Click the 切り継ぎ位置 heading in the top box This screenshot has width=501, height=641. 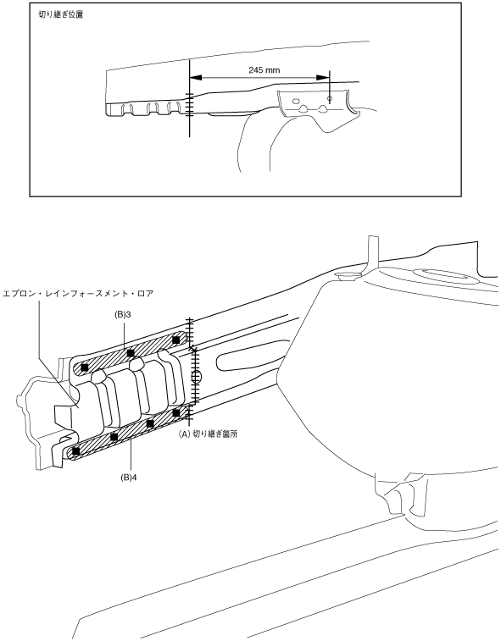(60, 15)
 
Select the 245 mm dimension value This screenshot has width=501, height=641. (264, 70)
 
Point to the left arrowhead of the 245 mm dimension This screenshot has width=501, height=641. (196, 77)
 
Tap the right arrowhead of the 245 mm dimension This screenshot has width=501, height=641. (323, 77)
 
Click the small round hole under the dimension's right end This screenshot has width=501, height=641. (330, 98)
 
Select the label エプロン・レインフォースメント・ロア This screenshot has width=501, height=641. (78, 294)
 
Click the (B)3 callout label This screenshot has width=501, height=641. (123, 315)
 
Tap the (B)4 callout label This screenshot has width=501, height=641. (128, 477)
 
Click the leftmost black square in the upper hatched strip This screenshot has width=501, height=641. (85, 367)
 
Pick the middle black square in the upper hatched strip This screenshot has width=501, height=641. (131, 353)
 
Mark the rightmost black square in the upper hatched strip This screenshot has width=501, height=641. (176, 340)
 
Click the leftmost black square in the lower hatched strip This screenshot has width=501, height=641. (75, 451)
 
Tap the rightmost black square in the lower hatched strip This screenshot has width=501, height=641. (176, 413)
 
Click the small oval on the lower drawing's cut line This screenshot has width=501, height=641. (197, 377)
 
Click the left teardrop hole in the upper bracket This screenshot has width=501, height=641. (303, 108)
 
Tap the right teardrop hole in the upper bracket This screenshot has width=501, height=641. (323, 108)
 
